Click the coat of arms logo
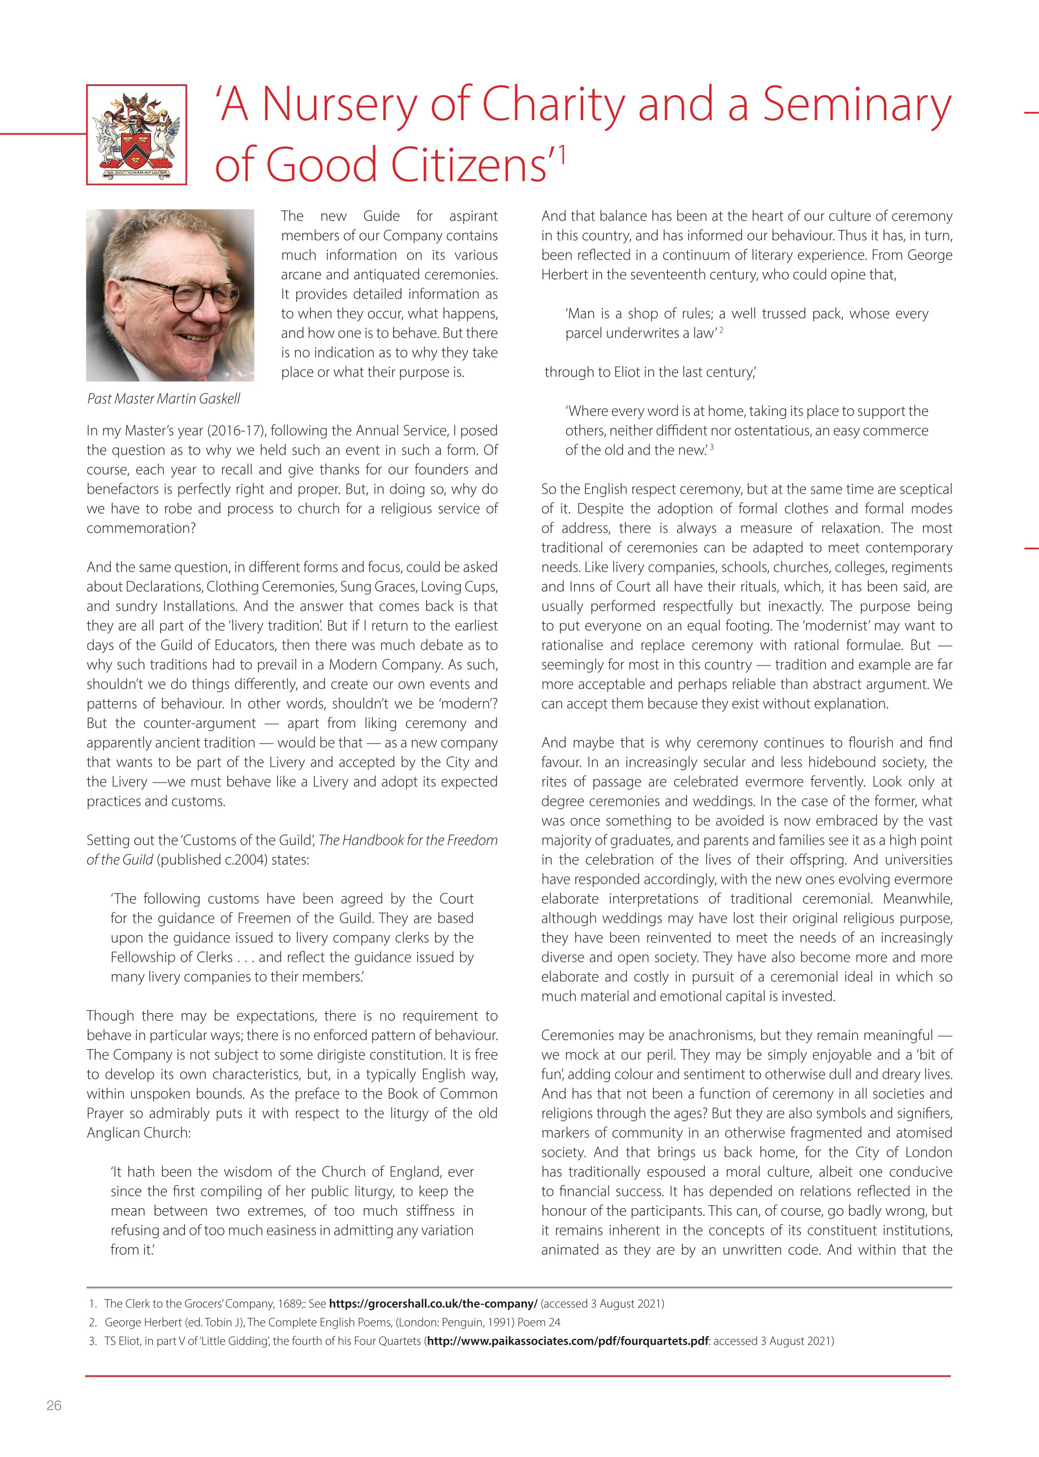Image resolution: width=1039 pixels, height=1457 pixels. pyautogui.click(x=136, y=135)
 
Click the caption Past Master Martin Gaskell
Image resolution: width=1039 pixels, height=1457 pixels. pyautogui.click(x=164, y=399)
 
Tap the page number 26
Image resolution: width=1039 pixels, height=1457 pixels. pyautogui.click(x=54, y=1405)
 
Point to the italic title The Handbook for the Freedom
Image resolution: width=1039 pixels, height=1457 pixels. pyautogui.click(x=408, y=840)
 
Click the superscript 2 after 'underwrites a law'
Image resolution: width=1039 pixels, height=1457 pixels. pyautogui.click(x=721, y=330)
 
